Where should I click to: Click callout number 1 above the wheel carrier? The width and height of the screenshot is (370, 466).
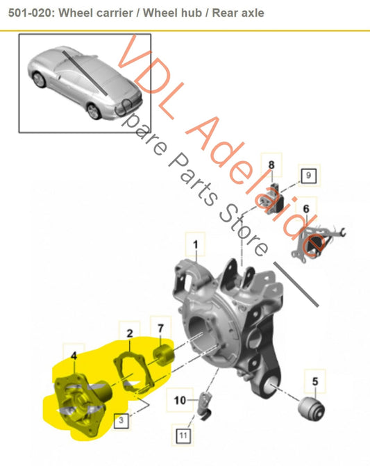tap(195, 244)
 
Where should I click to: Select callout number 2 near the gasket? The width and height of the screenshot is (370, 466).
tap(129, 334)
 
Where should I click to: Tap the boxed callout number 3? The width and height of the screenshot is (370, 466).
tap(120, 419)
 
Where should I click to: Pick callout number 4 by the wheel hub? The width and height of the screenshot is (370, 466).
tap(74, 355)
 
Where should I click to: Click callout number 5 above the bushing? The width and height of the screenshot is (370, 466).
tap(314, 381)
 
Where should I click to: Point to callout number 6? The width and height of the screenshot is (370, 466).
tap(305, 208)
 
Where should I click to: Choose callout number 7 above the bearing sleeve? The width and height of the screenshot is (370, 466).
tap(160, 328)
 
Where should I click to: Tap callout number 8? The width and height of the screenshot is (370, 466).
tap(271, 165)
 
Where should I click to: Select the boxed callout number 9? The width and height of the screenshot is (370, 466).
tap(308, 175)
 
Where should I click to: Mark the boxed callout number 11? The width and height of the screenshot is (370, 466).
tap(183, 435)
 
